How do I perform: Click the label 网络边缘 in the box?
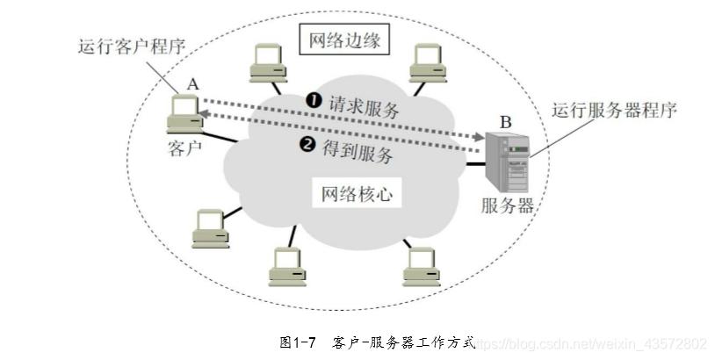point(343,40)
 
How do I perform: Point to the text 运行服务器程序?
point(614,112)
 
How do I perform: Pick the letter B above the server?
point(504,120)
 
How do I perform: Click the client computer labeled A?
point(185,112)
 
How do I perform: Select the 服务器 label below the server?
point(508,207)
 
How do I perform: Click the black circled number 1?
point(311,102)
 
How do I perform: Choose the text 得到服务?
point(357,151)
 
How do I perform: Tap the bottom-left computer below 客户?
point(211,227)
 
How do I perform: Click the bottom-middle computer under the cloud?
point(287,266)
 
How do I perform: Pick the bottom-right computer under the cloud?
point(421,265)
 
